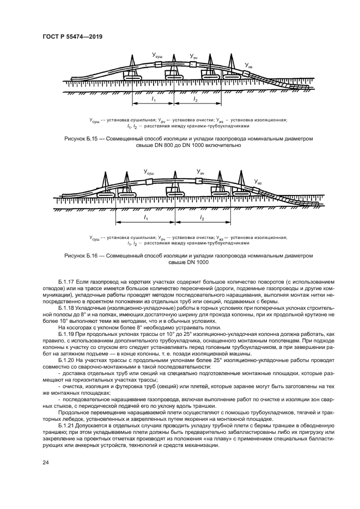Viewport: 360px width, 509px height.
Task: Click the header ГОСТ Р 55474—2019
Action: point(72,36)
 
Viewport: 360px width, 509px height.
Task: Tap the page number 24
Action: point(45,462)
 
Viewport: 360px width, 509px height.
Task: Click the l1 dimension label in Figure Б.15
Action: point(154,101)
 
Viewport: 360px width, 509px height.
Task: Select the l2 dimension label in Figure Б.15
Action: point(195,101)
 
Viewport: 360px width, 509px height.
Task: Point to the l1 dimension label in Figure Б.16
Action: point(145,218)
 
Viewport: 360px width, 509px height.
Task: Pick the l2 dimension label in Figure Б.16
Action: point(202,218)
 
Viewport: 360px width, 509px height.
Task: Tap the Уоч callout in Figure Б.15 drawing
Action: point(193,56)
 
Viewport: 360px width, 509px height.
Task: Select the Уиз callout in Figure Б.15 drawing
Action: point(248,66)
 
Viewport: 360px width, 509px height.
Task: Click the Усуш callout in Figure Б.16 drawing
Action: point(149,171)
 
